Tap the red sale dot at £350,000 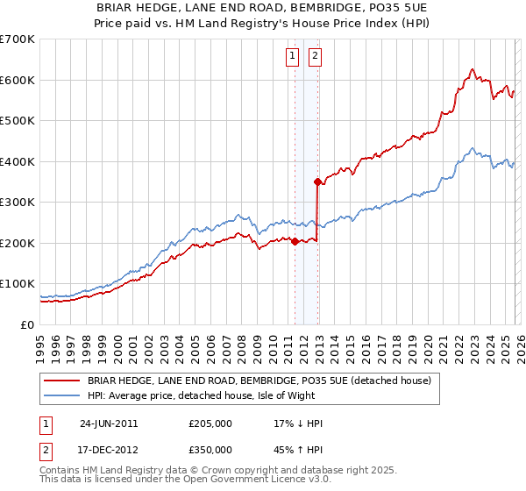click(317, 181)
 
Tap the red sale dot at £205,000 click(295, 241)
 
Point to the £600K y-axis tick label click(18, 80)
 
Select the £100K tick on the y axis click(18, 284)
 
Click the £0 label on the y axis click(28, 325)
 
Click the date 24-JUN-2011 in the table click(109, 423)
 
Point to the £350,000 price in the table click(210, 450)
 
